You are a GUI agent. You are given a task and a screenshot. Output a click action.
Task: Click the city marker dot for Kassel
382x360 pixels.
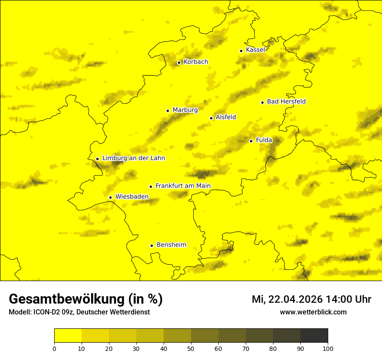pyautogui.click(x=241, y=51)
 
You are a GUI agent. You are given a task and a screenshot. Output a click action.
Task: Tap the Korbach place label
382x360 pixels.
pyautogui.click(x=196, y=62)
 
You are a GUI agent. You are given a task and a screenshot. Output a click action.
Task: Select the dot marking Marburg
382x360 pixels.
pyautogui.click(x=168, y=111)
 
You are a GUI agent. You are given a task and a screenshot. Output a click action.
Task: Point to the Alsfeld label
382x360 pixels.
pyautogui.click(x=226, y=117)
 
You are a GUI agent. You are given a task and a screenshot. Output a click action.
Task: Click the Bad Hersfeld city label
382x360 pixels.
pyautogui.click(x=286, y=101)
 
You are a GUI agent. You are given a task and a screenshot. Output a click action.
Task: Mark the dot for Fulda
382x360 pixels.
pyautogui.click(x=251, y=141)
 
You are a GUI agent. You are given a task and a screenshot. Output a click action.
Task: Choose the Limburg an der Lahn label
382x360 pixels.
pyautogui.click(x=134, y=158)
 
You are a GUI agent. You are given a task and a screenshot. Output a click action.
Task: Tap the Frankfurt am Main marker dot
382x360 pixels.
pyautogui.click(x=151, y=187)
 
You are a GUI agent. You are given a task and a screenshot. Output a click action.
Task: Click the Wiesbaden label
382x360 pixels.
pyautogui.click(x=132, y=196)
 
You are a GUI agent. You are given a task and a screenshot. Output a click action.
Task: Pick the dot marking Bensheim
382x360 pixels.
pyautogui.click(x=151, y=245)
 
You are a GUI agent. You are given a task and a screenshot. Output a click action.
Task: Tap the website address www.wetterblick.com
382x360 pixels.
pyautogui.click(x=313, y=312)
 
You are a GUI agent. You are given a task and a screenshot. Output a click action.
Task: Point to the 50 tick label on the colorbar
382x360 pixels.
pyautogui.click(x=191, y=348)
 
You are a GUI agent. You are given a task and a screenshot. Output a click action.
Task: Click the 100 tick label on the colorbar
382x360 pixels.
pyautogui.click(x=328, y=348)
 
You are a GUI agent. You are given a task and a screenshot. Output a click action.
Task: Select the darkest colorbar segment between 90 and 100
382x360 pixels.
pyautogui.click(x=314, y=336)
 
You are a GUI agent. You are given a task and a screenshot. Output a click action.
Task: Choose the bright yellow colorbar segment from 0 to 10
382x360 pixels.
pyautogui.click(x=68, y=336)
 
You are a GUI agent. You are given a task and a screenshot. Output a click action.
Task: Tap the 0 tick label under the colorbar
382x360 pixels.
pyautogui.click(x=54, y=348)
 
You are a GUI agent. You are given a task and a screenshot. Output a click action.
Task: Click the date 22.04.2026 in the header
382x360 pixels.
pyautogui.click(x=296, y=299)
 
